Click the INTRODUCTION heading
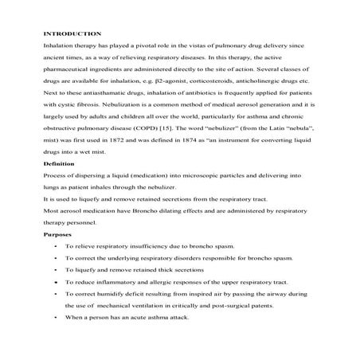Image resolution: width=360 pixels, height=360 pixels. (x=72, y=33)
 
